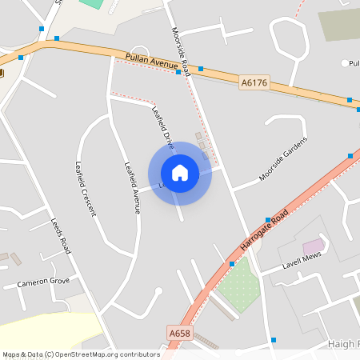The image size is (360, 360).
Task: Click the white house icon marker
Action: pyautogui.click(x=180, y=173)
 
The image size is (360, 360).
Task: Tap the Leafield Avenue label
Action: pyautogui.click(x=132, y=188)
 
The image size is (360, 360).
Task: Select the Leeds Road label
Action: pyautogui.click(x=61, y=235)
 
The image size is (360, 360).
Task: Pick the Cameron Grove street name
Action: pyautogui.click(x=42, y=282)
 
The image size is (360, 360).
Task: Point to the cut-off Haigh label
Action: pyautogui.click(x=343, y=343)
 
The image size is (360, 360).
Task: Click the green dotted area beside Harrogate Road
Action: pyautogui.click(x=238, y=284)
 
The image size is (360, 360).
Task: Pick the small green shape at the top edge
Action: pyautogui.click(x=92, y=3)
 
